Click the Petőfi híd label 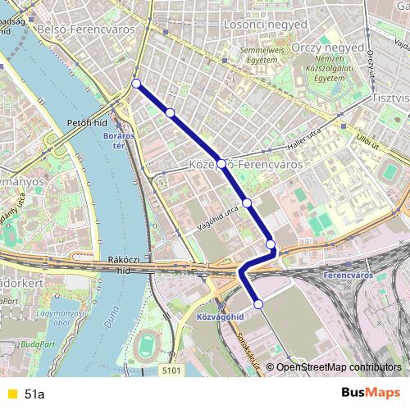(x=87, y=122)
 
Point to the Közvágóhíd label (x=219, y=316)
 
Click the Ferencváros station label (x=348, y=275)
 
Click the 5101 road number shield (x=171, y=371)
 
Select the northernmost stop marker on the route (x=136, y=83)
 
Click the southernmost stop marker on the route (x=259, y=304)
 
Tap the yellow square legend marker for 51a (x=11, y=394)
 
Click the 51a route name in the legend (x=34, y=394)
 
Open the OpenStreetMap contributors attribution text (x=338, y=367)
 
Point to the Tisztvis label (x=389, y=97)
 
